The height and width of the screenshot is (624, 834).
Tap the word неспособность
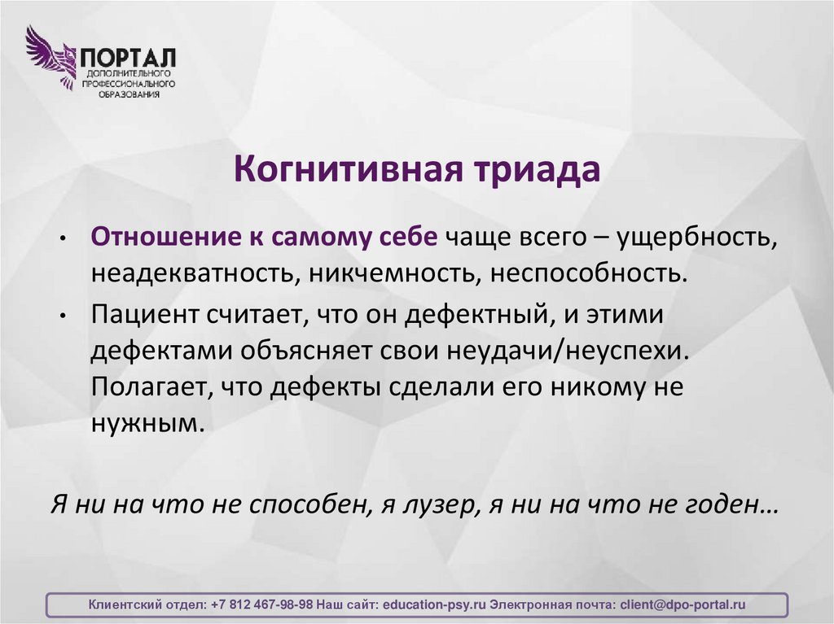[x=588, y=273]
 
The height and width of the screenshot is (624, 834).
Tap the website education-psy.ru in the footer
[x=433, y=605]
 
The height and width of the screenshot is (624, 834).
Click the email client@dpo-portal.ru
[x=683, y=605]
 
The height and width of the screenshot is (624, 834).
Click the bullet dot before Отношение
[x=62, y=238]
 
